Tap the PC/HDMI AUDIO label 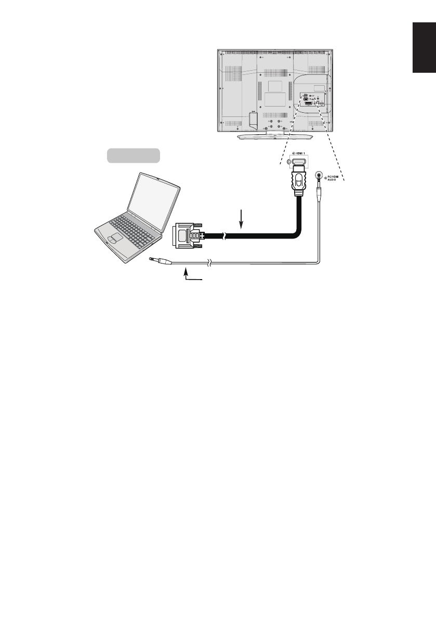point(334,180)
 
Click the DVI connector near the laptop point(188,235)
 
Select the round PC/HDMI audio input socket point(318,175)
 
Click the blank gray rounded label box point(133,155)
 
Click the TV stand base point(276,137)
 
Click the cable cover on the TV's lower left point(254,119)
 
